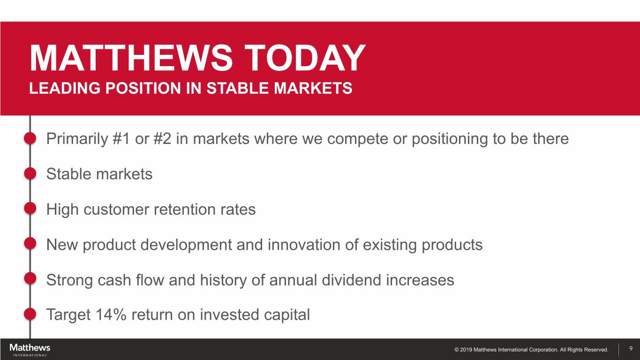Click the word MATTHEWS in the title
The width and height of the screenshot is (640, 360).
pyautogui.click(x=131, y=58)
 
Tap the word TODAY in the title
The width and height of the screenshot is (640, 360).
pyautogui.click(x=305, y=58)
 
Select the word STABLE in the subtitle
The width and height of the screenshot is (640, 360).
pyautogui.click(x=237, y=88)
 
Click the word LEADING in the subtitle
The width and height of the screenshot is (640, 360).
pyautogui.click(x=65, y=88)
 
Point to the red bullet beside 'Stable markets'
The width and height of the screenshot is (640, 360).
pyautogui.click(x=30, y=173)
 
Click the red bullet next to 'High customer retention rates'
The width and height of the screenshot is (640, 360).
pyautogui.click(x=30, y=208)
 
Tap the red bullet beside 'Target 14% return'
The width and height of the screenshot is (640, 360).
pyautogui.click(x=30, y=314)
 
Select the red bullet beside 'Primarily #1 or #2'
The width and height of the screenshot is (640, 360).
pyautogui.click(x=30, y=138)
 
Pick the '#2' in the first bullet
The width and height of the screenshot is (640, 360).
pyautogui.click(x=162, y=139)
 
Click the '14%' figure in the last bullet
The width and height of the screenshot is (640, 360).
pyautogui.click(x=111, y=315)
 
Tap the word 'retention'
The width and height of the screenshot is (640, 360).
pyautogui.click(x=185, y=209)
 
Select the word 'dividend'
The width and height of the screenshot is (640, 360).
pyautogui.click(x=352, y=280)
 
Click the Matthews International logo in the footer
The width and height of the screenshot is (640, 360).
pyautogui.click(x=30, y=350)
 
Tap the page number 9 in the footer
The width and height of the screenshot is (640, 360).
pyautogui.click(x=631, y=349)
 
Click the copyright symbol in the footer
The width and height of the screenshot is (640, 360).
pyautogui.click(x=457, y=350)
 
